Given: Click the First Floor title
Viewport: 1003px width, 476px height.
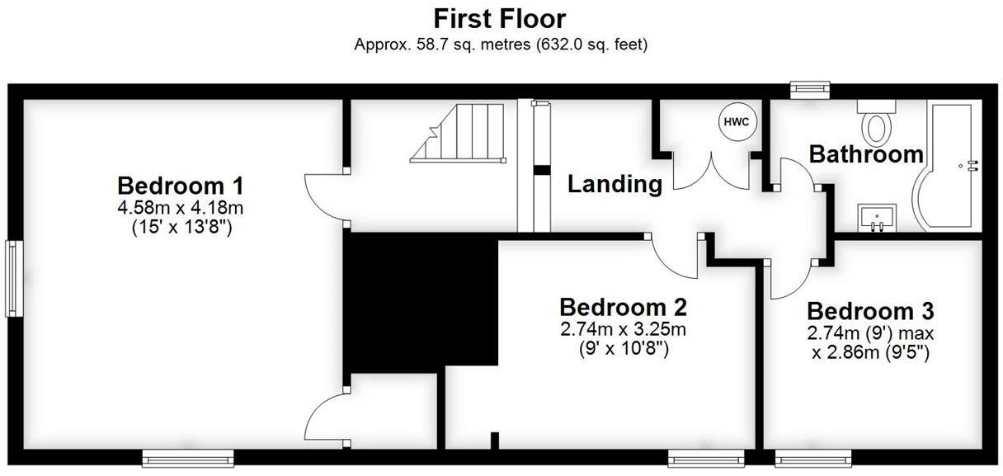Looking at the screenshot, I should (x=501, y=18).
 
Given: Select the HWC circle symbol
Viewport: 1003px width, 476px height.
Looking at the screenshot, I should (x=736, y=122).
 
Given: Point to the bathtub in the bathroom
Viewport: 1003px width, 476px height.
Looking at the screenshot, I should (x=949, y=169).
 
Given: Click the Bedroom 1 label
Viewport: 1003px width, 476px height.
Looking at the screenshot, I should (x=180, y=184).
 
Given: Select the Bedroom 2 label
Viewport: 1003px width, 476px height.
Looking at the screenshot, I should (x=623, y=308).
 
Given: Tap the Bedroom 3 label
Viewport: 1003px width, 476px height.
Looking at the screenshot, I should (x=870, y=312).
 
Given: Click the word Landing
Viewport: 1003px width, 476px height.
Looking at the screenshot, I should (x=615, y=184).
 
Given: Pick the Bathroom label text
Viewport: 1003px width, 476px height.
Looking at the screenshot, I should (x=865, y=154).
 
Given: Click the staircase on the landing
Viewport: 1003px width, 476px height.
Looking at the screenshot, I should (x=459, y=133).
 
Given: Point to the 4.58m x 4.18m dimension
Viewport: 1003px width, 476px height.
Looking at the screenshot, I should (x=181, y=206).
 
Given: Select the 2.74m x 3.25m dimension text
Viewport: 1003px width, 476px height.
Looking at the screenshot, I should (x=623, y=330).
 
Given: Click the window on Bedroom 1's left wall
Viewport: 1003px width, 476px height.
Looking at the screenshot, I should (x=13, y=278).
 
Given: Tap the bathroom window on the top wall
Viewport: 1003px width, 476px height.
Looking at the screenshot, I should (x=808, y=89).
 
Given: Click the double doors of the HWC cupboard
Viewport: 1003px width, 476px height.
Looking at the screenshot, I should (x=710, y=172).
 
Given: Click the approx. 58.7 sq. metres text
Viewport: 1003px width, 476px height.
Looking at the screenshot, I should (x=501, y=45).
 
